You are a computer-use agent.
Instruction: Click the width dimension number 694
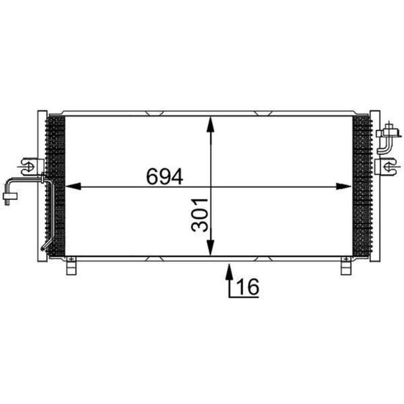(x=165, y=176)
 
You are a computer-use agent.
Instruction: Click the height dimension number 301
(x=200, y=215)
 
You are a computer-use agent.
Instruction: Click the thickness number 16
(x=248, y=286)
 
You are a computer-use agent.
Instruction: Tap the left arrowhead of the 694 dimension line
(x=73, y=187)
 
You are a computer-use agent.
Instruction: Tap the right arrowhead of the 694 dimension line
(x=344, y=187)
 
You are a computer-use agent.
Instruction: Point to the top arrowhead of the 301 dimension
(x=211, y=125)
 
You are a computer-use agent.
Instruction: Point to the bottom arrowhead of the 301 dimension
(x=211, y=248)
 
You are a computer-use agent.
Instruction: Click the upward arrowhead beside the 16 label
(x=229, y=271)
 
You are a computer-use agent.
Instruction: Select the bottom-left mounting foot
(x=71, y=266)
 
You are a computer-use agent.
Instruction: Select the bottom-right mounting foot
(x=346, y=266)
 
